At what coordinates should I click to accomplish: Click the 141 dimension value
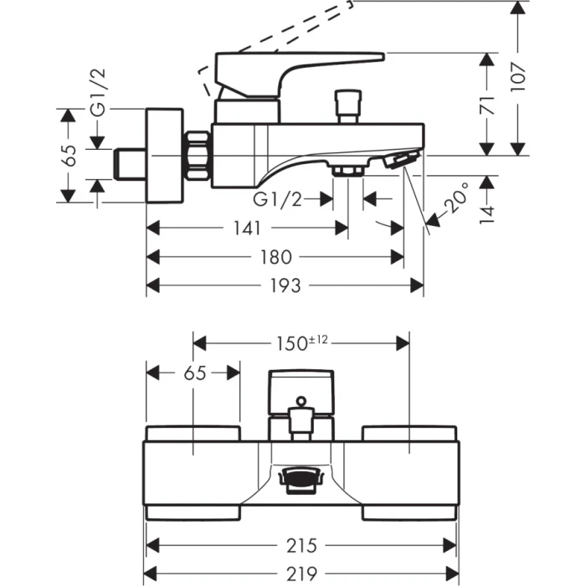click(248, 228)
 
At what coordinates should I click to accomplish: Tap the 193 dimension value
click(285, 286)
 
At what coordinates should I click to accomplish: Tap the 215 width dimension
click(302, 546)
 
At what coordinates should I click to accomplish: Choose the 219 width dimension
click(302, 574)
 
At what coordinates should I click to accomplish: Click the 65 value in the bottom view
click(193, 373)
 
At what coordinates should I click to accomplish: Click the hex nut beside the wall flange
click(198, 155)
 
